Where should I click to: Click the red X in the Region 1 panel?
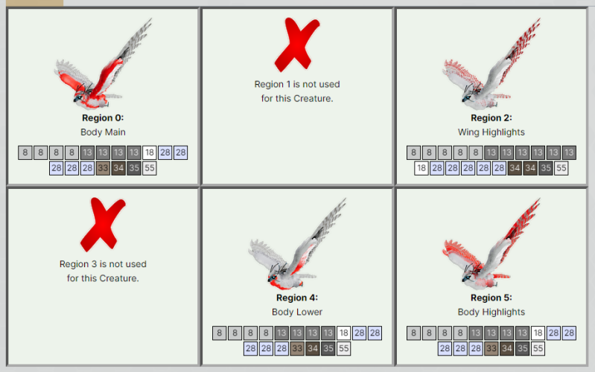pos(296,45)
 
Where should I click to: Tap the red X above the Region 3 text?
pos(103,225)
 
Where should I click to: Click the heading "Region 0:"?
pos(103,118)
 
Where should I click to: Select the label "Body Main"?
pos(103,132)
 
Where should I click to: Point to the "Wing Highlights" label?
pos(491,132)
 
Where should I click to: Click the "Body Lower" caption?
pos(296,312)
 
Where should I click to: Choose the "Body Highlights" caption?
pos(491,312)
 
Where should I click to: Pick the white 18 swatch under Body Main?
pos(150,153)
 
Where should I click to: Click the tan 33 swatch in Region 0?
pos(103,168)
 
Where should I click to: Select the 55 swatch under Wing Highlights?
pos(561,168)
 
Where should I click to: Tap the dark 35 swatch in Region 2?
pos(546,168)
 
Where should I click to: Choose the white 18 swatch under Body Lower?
pos(344,333)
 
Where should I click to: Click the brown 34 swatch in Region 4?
pos(313,348)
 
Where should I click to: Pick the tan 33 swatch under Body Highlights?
pos(491,348)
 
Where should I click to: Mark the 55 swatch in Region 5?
pos(538,348)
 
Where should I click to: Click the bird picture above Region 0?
pos(103,64)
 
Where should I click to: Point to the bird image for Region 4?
pos(296,244)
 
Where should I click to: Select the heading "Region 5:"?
pos(491,298)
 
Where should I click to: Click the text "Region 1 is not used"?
pos(296,84)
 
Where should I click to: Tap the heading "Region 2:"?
pos(491,118)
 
